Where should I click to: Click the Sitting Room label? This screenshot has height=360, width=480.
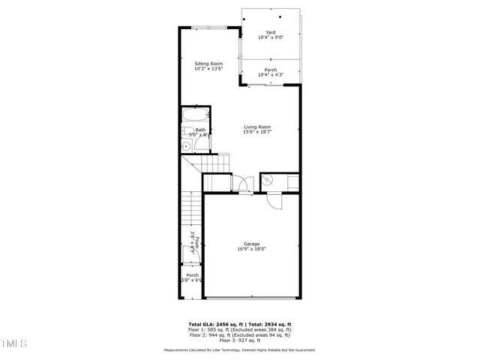(x=208, y=64)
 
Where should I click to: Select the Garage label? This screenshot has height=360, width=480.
(x=252, y=244)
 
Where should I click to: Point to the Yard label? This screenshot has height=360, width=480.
(x=271, y=32)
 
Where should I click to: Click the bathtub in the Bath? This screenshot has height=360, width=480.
(x=195, y=116)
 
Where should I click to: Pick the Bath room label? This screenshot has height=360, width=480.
(x=201, y=130)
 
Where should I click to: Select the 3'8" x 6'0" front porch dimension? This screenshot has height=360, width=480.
(x=191, y=280)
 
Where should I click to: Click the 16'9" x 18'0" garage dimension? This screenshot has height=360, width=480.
(x=252, y=249)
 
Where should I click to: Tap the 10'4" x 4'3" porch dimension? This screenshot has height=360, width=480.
(x=270, y=75)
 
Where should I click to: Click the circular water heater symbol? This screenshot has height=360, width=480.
(x=266, y=179)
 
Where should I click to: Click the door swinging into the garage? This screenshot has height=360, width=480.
(x=274, y=200)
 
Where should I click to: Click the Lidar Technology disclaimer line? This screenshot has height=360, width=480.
(x=240, y=350)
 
